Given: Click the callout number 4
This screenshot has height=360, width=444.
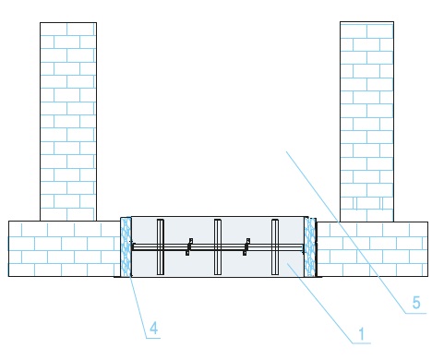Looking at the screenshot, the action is pos(154,328).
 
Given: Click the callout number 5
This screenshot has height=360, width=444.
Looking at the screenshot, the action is pos(416,303).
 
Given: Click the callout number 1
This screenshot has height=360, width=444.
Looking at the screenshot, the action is pos(362,334).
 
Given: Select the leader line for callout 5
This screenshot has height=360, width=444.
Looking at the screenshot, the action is pos(345,233).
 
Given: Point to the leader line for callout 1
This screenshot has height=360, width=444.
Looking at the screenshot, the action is pos(320,303).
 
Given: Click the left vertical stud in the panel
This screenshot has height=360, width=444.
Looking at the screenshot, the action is pos(161,246).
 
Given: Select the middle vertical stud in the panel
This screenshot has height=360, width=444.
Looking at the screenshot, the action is pos(218,246).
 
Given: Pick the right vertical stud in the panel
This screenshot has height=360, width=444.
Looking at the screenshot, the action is pos(275,246).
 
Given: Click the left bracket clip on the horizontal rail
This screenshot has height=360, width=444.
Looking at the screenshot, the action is pos(189,246).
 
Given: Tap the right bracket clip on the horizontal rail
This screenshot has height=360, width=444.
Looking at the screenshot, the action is pos(246,246).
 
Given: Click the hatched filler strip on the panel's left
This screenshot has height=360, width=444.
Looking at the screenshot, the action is pos(126,246).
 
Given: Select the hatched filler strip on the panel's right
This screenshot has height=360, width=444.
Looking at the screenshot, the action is pos(310,246).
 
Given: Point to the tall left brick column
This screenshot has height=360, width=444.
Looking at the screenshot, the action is pos(68,122).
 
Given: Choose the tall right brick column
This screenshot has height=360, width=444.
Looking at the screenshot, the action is pos(366,122).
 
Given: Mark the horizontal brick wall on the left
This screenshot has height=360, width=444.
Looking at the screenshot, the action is pos(64,248).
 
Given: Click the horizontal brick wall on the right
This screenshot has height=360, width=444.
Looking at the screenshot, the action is pos(372,249).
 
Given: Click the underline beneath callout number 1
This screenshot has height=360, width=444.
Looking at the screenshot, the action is pos(362,342).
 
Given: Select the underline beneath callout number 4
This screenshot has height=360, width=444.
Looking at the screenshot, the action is pos(153,339).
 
